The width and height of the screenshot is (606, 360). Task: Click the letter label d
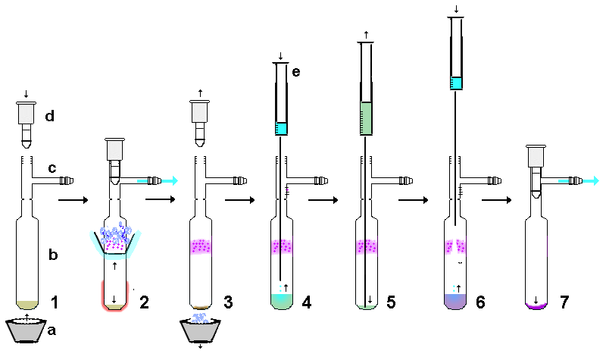[49, 116]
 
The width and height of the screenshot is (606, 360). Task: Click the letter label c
[52, 167]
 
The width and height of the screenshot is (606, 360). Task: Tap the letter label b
[53, 254]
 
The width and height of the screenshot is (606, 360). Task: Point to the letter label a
[52, 330]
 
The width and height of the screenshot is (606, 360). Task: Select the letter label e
[296, 72]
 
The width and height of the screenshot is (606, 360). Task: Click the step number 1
[55, 302]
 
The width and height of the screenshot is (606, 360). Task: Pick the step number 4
[307, 302]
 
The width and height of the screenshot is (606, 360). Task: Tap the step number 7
[564, 302]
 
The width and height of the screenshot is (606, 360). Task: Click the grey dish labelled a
[27, 330]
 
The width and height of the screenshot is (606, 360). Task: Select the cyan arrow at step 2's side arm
[158, 180]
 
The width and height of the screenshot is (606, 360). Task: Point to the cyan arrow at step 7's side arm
[579, 180]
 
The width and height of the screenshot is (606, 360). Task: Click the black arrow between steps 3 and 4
[239, 200]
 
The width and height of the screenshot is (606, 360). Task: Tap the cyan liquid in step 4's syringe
[281, 128]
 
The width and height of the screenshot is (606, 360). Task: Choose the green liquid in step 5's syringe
[366, 118]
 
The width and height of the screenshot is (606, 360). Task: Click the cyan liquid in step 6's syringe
[457, 83]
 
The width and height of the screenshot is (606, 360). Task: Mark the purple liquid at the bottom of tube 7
[536, 305]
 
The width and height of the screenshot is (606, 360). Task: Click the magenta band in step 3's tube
[201, 247]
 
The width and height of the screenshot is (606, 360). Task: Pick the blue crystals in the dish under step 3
[200, 318]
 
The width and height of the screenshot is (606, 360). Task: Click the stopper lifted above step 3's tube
[200, 124]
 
